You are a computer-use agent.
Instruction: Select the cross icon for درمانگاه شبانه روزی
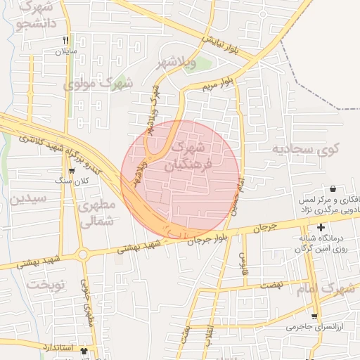coord(321,227)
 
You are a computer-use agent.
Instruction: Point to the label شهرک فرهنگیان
coord(186,157)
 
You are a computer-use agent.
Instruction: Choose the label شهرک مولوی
coord(98,84)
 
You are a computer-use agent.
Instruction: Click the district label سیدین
coord(29,198)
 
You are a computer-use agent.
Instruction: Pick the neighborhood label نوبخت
coord(46,285)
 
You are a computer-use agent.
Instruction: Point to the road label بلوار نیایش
coord(223,44)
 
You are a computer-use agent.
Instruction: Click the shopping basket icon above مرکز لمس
coord(331,189)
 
